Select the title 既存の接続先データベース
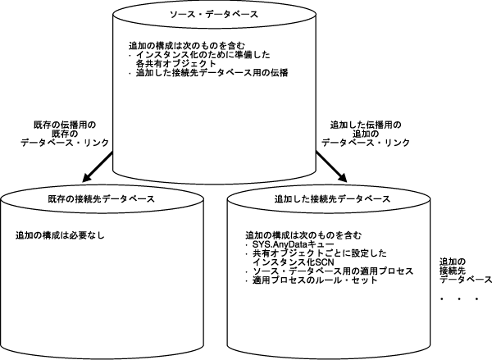point(96,199)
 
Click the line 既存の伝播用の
point(61,125)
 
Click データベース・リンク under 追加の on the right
point(365,143)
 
